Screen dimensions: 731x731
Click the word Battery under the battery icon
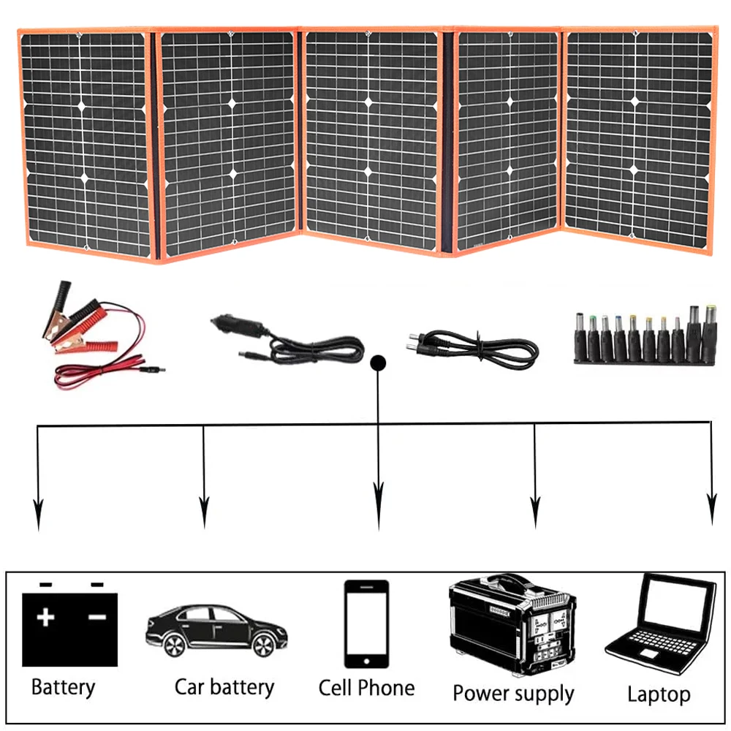[63, 688]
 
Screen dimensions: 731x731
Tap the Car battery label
[224, 687]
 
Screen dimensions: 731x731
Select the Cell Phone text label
[366, 688]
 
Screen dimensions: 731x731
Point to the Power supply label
[513, 692]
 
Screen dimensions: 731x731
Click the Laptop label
[658, 694]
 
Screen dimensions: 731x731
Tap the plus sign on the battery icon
[45, 618]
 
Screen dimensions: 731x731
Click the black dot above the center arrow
[378, 362]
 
